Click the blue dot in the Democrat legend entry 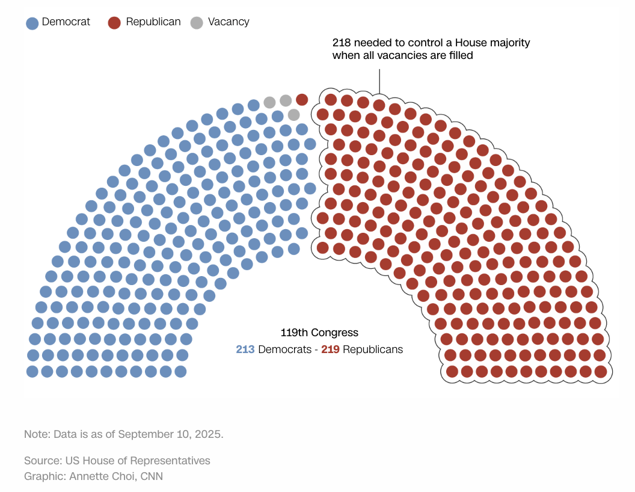coord(32,23)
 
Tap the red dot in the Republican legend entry coord(114,23)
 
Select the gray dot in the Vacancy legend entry coord(197,23)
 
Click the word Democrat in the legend coord(66,22)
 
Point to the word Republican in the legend coord(153,22)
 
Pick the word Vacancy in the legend coord(229,22)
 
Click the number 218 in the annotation coord(341,43)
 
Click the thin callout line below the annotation coord(379,81)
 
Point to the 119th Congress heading coord(319,333)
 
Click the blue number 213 coord(245,349)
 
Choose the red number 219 coord(331,349)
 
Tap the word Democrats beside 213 coord(282,349)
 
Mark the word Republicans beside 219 coord(373,349)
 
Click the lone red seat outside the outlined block coord(302,99)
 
